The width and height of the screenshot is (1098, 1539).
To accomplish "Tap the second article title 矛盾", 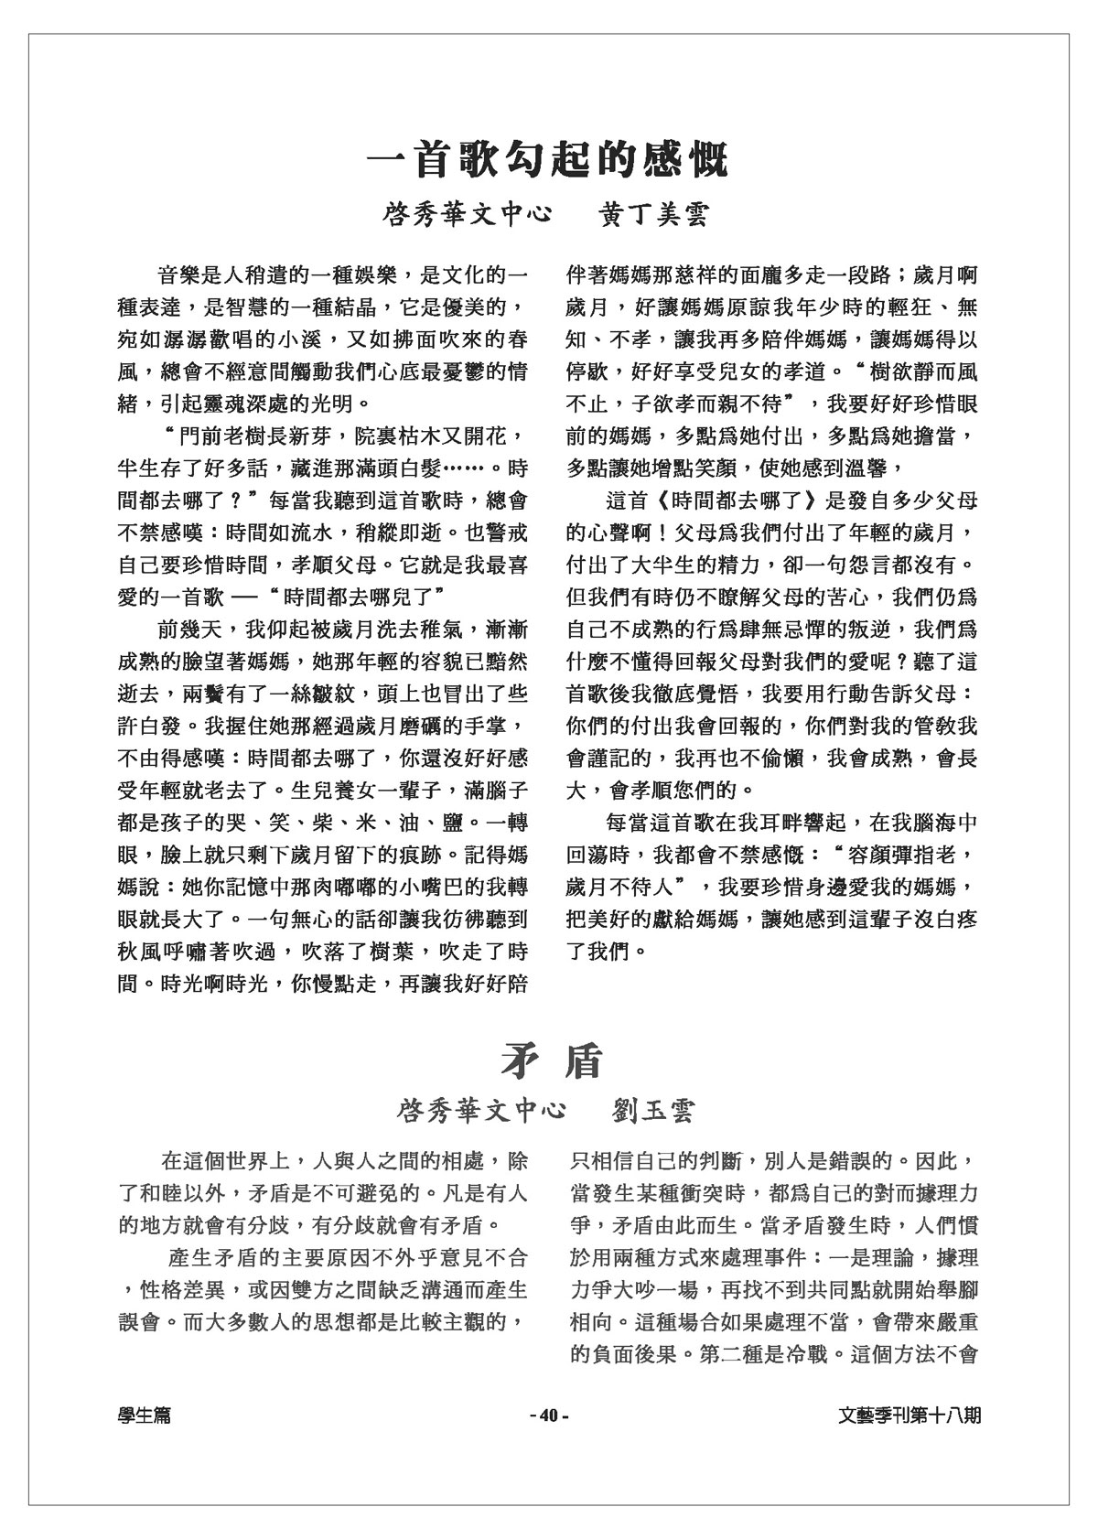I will click(x=551, y=1060).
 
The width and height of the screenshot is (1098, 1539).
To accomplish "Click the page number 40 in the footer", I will click(x=549, y=1415).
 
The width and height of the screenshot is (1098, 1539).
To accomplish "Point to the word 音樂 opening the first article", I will click(x=178, y=274).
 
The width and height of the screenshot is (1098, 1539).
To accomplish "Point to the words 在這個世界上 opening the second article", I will click(x=223, y=1161).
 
